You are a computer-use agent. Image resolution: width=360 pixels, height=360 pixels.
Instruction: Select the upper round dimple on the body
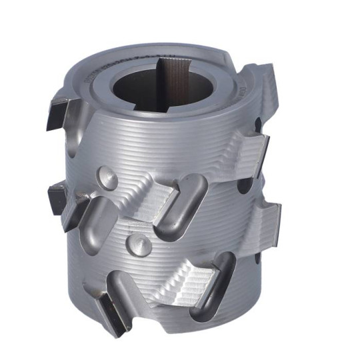pos(107,177)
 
